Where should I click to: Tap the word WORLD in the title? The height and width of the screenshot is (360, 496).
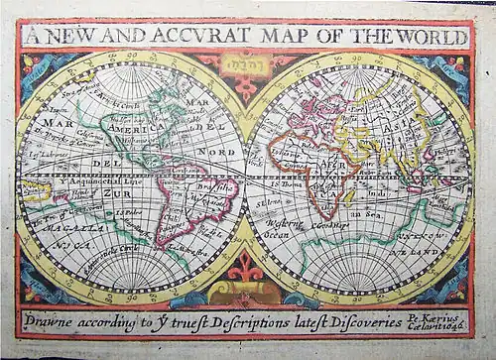coord(433,37)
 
